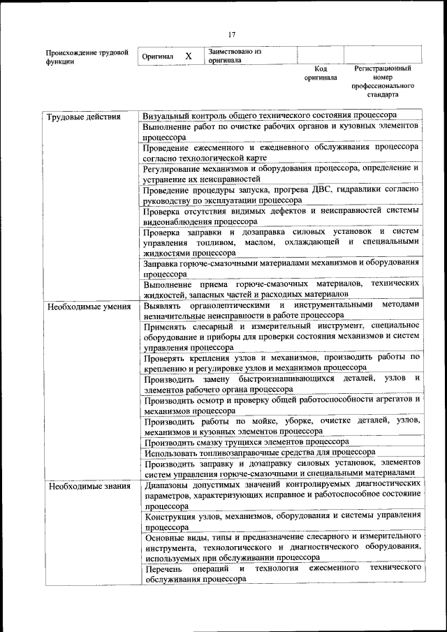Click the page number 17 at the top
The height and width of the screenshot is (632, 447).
pos(232,34)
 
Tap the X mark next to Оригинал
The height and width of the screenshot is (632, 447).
pos(188,56)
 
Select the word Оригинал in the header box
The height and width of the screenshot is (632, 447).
pos(158,56)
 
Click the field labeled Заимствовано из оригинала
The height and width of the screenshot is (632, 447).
pos(234,56)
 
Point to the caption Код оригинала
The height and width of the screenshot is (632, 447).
pos(321,74)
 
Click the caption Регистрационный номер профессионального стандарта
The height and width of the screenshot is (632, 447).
pos(382,81)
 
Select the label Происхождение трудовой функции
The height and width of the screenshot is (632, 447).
pos(87,57)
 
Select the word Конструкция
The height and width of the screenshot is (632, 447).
pos(174,517)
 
